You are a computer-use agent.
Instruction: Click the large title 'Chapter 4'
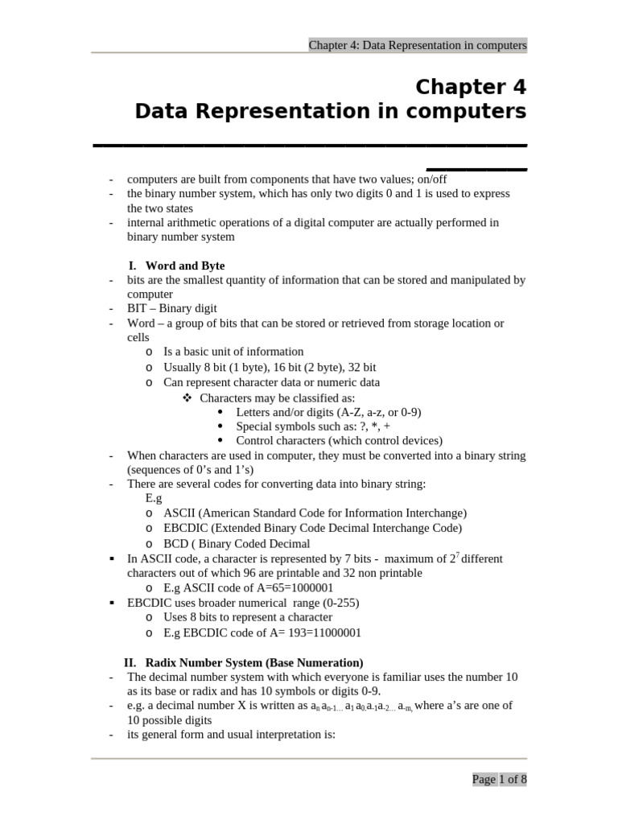tap(471, 86)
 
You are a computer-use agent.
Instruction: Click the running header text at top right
tap(418, 46)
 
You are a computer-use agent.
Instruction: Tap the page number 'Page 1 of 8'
tap(499, 779)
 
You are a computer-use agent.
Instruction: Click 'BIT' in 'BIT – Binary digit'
tap(138, 308)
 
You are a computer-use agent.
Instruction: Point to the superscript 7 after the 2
tap(458, 554)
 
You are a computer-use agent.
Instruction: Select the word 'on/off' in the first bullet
tap(431, 179)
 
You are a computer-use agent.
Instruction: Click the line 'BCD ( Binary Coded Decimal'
tap(237, 543)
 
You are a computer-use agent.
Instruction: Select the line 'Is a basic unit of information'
tap(233, 352)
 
